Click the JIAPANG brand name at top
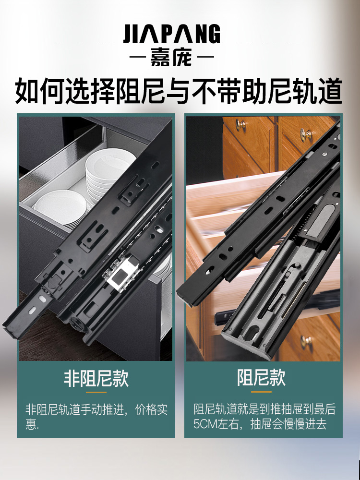tap(171, 35)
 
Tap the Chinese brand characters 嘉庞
tap(171, 59)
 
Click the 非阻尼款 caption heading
tap(96, 378)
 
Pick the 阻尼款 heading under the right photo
tap(262, 378)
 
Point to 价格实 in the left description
tap(149, 410)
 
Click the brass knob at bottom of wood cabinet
tap(307, 341)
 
